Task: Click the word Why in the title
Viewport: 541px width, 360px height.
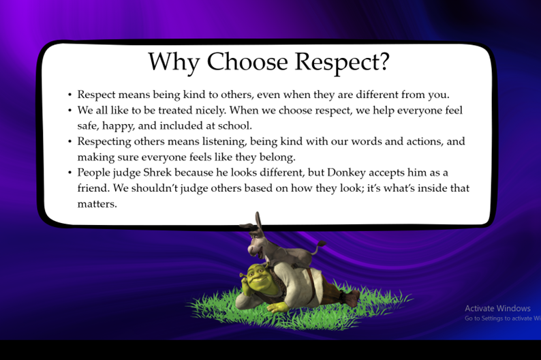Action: click(174, 63)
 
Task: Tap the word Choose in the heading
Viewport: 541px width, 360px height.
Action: click(247, 61)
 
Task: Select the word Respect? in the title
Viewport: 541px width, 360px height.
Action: click(342, 62)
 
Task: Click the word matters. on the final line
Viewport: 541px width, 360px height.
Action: click(97, 204)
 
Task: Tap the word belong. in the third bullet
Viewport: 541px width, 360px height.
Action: click(277, 157)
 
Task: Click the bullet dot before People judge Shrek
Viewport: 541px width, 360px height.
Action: click(70, 172)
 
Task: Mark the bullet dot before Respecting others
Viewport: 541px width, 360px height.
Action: click(70, 142)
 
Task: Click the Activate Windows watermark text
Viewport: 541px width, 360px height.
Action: click(497, 308)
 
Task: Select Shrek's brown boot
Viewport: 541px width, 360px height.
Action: click(351, 298)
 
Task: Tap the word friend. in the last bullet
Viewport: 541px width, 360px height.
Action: click(93, 188)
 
